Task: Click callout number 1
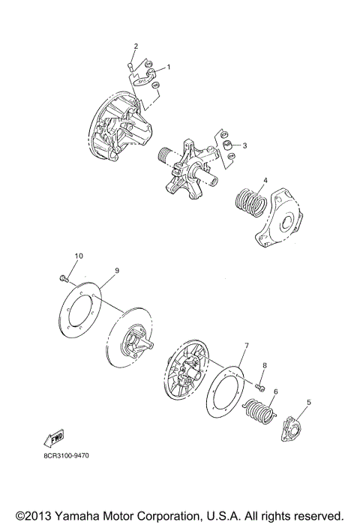168,67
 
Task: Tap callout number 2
136,47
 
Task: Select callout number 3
244,145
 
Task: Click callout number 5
308,402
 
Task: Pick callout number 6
275,391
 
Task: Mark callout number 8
264,365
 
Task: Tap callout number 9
116,270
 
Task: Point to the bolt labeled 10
63,280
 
